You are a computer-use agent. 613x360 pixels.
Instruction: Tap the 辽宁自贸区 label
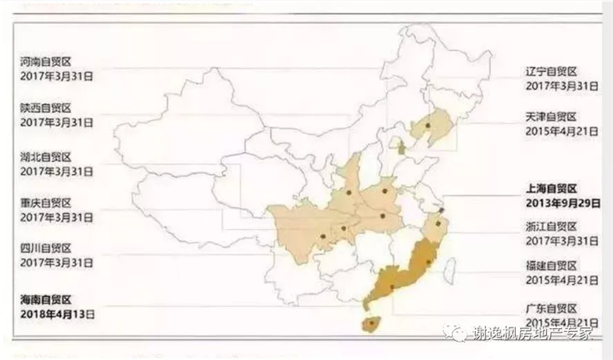pyautogui.click(x=551, y=70)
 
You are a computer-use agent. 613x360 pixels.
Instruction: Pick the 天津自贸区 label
pyautogui.click(x=551, y=116)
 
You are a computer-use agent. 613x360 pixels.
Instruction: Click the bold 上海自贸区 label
pyautogui.click(x=551, y=188)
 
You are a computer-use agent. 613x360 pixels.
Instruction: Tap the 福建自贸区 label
pyautogui.click(x=551, y=266)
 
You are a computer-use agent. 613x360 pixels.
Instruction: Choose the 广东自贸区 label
pyautogui.click(x=551, y=308)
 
